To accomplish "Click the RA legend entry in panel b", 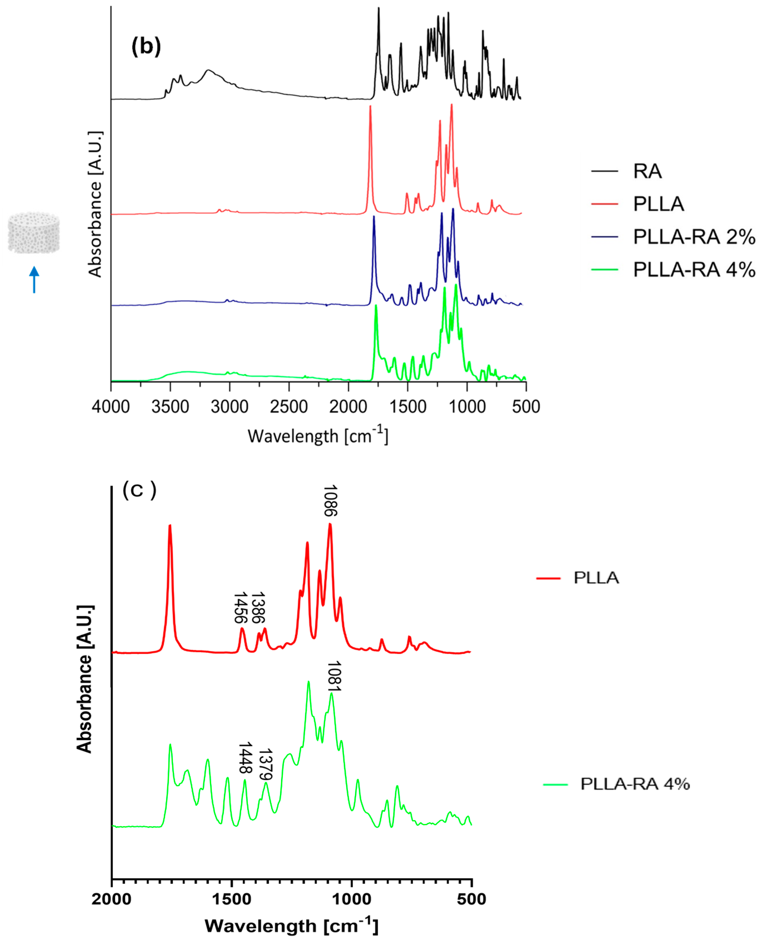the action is [647, 171].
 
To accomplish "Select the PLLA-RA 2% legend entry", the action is [693, 237].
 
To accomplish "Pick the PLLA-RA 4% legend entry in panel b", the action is [693, 269].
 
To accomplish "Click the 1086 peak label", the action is [330, 500].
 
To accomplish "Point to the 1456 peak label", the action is [240, 608].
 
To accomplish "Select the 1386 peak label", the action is [258, 608].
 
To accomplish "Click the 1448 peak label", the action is [246, 758].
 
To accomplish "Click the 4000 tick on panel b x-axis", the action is [111, 406].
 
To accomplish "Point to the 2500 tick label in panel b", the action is [289, 406].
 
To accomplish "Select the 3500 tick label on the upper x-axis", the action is [170, 406].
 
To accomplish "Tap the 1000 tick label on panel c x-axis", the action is [351, 899].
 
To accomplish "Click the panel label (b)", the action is [146, 46].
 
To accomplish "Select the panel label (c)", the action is [139, 490].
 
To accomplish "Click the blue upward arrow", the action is [34, 279].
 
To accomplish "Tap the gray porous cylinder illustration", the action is [33, 233].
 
